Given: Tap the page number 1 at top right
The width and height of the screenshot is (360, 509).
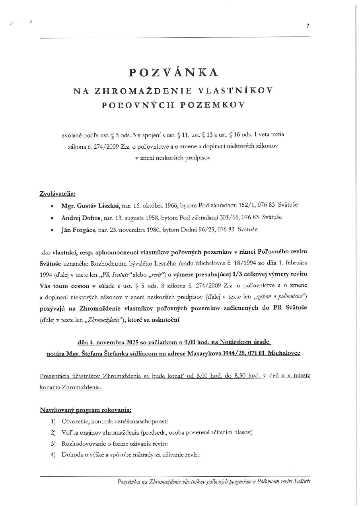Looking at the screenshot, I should (307, 26).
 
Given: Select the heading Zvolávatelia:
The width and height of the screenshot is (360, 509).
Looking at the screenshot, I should (57, 194).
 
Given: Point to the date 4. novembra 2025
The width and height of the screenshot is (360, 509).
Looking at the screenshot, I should (112, 342).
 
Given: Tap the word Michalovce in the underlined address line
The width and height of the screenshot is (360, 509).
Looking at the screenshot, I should (284, 353).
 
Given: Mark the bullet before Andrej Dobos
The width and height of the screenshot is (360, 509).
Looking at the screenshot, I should (52, 218).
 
